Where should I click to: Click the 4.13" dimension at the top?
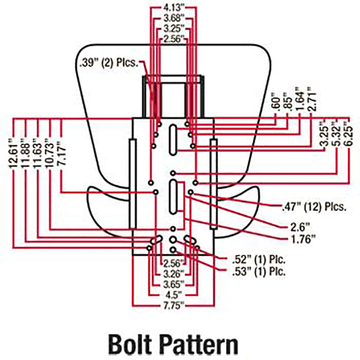[174, 8]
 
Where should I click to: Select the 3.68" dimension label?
[174, 18]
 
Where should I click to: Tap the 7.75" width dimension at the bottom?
[174, 306]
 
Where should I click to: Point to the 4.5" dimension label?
[174, 295]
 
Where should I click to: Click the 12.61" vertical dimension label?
[13, 153]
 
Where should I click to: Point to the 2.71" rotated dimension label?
[312, 99]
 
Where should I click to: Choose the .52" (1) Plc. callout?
[259, 260]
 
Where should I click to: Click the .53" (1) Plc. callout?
[259, 271]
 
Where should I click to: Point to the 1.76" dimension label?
[303, 239]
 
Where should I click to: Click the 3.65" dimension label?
[174, 284]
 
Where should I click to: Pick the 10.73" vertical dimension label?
[50, 153]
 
